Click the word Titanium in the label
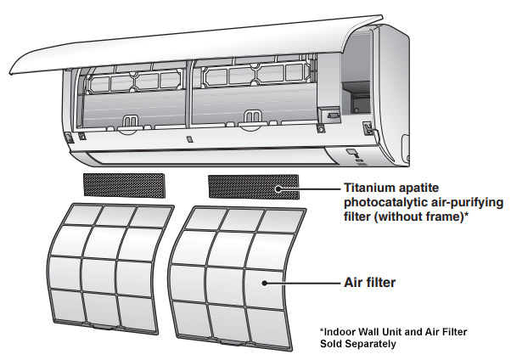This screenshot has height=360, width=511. (x=368, y=188)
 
